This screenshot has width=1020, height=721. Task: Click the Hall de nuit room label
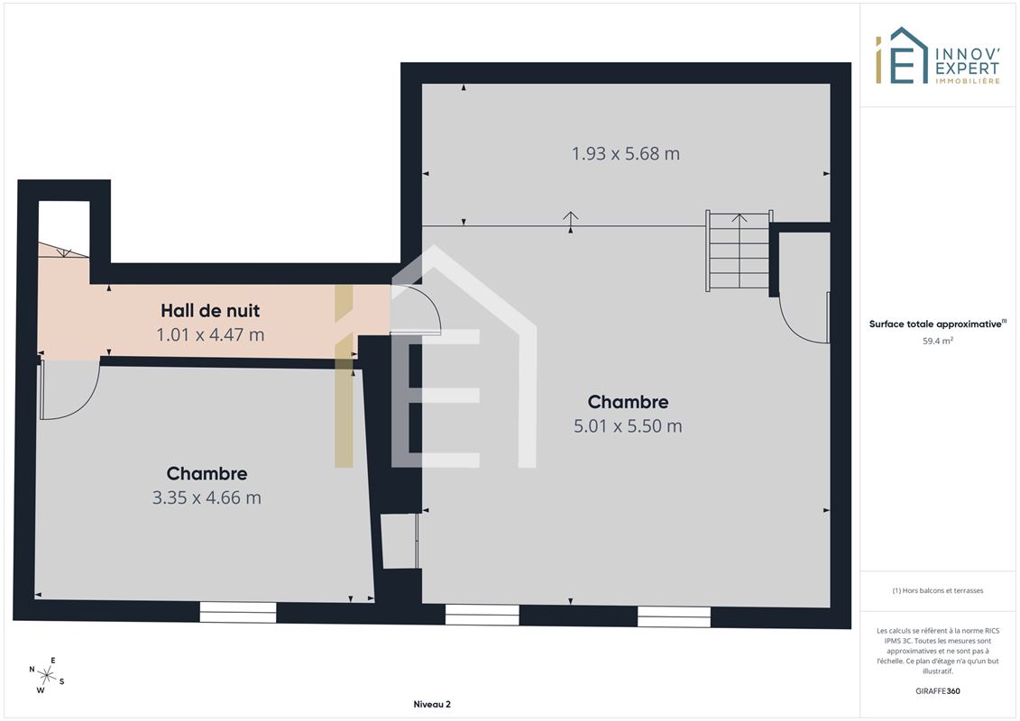[x=210, y=311]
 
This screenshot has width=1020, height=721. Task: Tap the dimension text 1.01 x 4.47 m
[x=210, y=335]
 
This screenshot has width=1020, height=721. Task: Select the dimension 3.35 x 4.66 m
[x=207, y=498]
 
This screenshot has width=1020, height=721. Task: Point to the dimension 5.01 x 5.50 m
[x=628, y=426]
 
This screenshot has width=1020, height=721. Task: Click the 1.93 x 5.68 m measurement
[x=626, y=154]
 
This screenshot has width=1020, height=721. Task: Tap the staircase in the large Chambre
[x=739, y=251]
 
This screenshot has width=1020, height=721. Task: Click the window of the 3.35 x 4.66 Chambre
[x=238, y=613]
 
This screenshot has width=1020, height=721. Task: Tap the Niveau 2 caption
[x=432, y=704]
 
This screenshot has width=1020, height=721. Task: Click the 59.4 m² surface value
[x=937, y=341]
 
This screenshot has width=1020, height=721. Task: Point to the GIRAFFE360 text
[x=937, y=691]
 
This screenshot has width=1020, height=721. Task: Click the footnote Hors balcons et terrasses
[x=937, y=590]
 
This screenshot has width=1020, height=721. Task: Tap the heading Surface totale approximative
[x=935, y=324]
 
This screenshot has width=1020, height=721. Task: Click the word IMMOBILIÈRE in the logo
[x=968, y=81]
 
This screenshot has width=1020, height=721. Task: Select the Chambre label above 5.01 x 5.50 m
[x=628, y=403]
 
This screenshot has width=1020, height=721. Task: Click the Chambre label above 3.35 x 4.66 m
[x=207, y=474]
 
